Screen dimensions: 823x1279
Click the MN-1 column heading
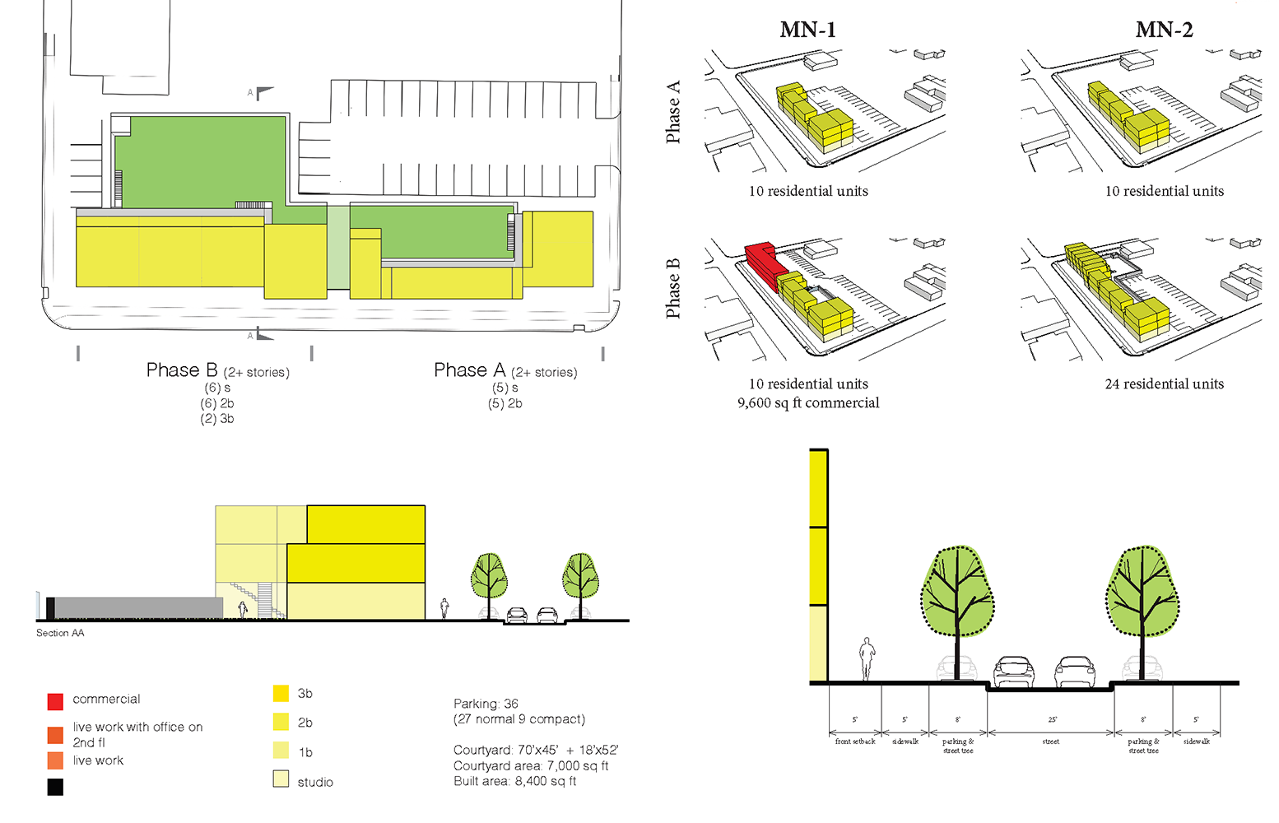(x=807, y=30)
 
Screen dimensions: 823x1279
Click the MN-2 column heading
(x=1164, y=30)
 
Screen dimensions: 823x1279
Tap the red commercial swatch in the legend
(x=55, y=701)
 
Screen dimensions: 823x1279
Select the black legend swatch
(x=55, y=787)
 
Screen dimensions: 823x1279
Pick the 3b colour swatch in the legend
(x=281, y=693)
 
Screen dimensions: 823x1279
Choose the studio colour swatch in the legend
(x=281, y=779)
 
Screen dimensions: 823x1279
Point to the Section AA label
(x=60, y=633)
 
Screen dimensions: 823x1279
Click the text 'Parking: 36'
(x=486, y=704)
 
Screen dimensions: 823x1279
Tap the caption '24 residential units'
(x=1164, y=384)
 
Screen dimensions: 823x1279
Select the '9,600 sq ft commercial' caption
(x=808, y=402)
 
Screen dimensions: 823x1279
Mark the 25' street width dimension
(x=1052, y=719)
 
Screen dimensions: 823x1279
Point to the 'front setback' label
(x=855, y=742)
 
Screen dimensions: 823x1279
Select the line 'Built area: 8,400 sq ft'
(x=514, y=781)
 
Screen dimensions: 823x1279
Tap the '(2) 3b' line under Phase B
(x=217, y=419)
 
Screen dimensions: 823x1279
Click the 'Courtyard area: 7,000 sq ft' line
(x=531, y=765)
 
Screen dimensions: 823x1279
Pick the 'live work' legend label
(x=98, y=760)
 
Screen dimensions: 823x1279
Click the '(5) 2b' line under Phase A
(x=505, y=403)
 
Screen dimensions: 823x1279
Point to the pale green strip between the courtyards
(x=338, y=247)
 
